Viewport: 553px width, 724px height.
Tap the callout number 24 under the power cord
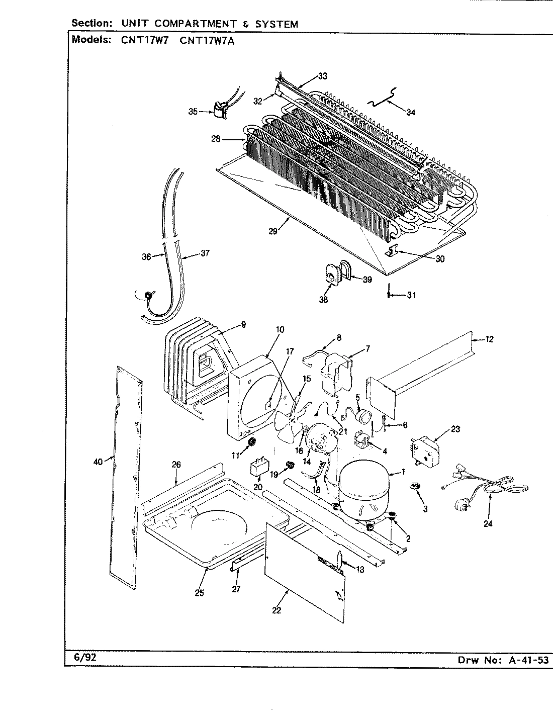point(488,523)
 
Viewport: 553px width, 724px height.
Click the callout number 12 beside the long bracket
point(489,339)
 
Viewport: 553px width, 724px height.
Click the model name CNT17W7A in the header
point(207,41)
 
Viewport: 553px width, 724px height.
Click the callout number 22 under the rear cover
point(276,611)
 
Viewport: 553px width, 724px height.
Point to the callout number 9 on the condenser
point(243,325)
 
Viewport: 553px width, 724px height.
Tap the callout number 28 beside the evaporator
point(216,139)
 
